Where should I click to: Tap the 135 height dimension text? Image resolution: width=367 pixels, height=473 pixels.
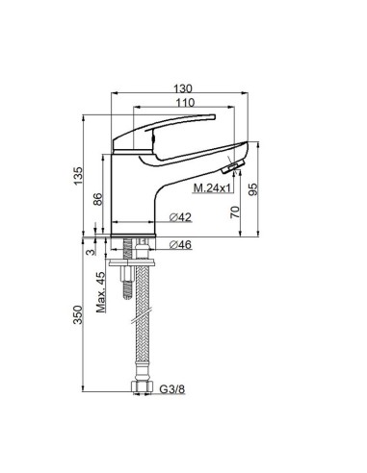[81, 174]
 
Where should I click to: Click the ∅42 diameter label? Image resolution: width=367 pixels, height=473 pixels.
[179, 217]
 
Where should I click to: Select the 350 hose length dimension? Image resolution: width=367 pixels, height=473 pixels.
[81, 316]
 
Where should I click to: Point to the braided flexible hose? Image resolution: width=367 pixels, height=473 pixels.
[144, 327]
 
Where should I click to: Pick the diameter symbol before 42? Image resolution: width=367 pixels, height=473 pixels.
[170, 217]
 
